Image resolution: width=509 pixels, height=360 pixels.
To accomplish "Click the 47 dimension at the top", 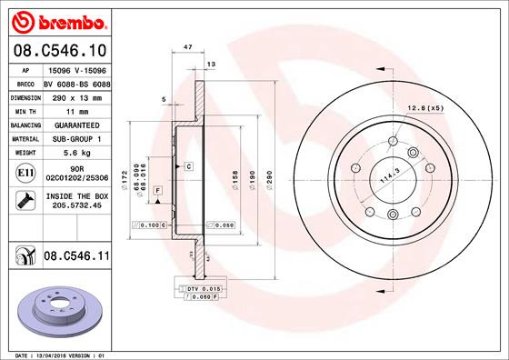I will coord(187,45).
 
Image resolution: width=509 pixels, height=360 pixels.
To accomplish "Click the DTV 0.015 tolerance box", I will coord(201,288).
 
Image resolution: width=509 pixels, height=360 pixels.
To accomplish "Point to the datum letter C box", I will coord(187,166).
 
